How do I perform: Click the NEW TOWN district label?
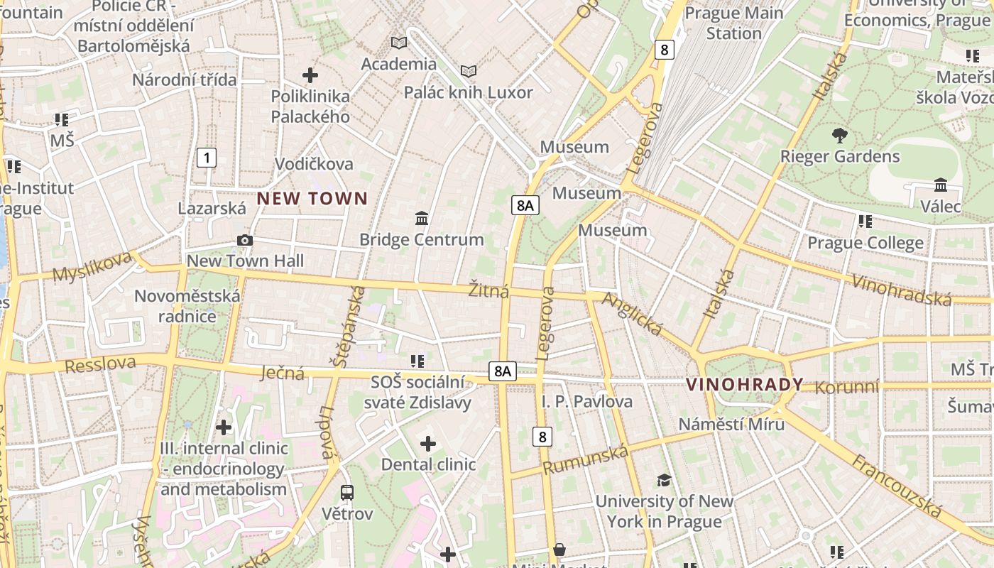click(312, 199)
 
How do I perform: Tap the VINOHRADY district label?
click(745, 385)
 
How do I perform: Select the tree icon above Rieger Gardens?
click(840, 135)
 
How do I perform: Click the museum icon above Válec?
click(941, 185)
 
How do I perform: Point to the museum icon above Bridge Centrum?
click(422, 218)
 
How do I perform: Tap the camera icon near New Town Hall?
click(245, 241)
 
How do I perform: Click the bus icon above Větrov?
click(347, 492)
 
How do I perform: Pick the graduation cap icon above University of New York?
click(664, 480)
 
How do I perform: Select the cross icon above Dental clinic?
click(427, 444)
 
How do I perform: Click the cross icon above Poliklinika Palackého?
click(310, 75)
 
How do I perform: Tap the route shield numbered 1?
click(206, 157)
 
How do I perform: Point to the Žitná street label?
click(488, 290)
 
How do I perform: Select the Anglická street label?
click(632, 313)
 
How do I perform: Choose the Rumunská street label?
click(586, 460)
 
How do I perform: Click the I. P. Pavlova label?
click(587, 402)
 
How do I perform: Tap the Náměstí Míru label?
click(731, 425)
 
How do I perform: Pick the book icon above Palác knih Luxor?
click(468, 71)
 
